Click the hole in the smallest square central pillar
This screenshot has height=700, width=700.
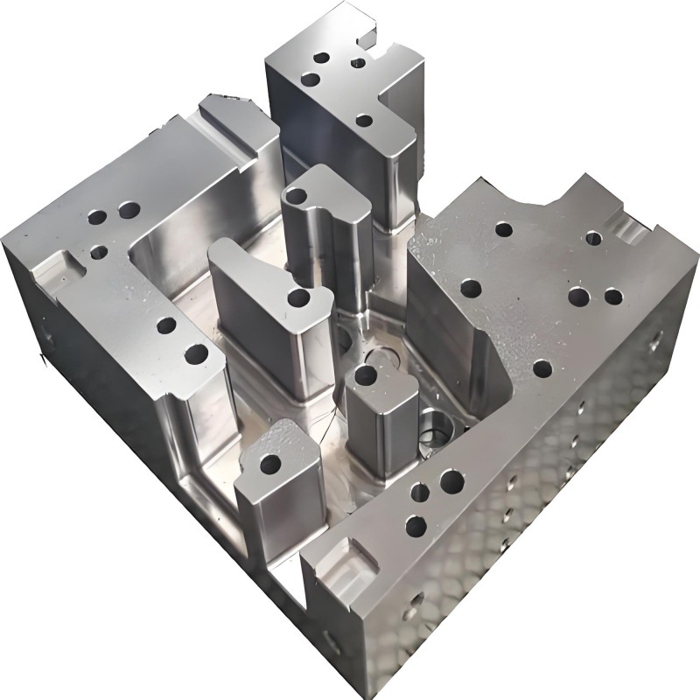point(366,376)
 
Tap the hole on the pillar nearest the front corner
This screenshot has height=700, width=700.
point(271,462)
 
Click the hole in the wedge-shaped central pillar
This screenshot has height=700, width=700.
point(298,298)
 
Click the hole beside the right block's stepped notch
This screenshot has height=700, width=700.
point(593,236)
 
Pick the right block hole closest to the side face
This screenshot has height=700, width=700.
point(613,297)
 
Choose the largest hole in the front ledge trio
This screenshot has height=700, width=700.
point(451,479)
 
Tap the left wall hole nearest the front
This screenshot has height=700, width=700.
point(197,354)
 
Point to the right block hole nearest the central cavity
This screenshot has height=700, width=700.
point(471,287)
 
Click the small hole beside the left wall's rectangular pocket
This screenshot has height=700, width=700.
point(99,253)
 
